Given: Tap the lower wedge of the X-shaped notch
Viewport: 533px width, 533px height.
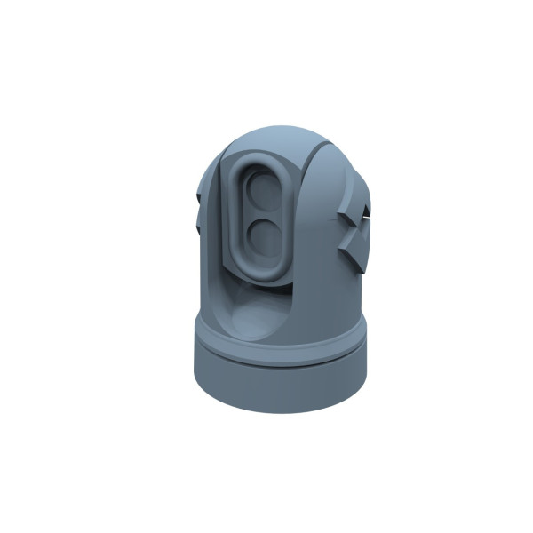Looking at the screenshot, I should (x=356, y=253).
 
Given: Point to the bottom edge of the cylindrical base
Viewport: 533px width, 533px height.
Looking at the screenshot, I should (x=280, y=411).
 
